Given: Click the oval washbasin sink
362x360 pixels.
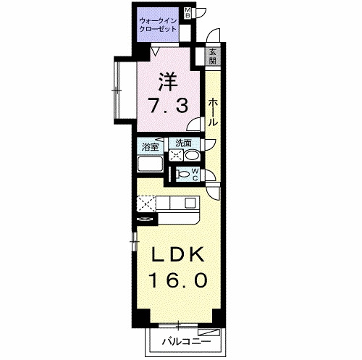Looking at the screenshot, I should click(x=192, y=156).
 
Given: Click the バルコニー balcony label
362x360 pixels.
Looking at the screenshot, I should click(x=186, y=340).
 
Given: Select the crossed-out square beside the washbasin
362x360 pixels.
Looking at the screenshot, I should click(x=175, y=156).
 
